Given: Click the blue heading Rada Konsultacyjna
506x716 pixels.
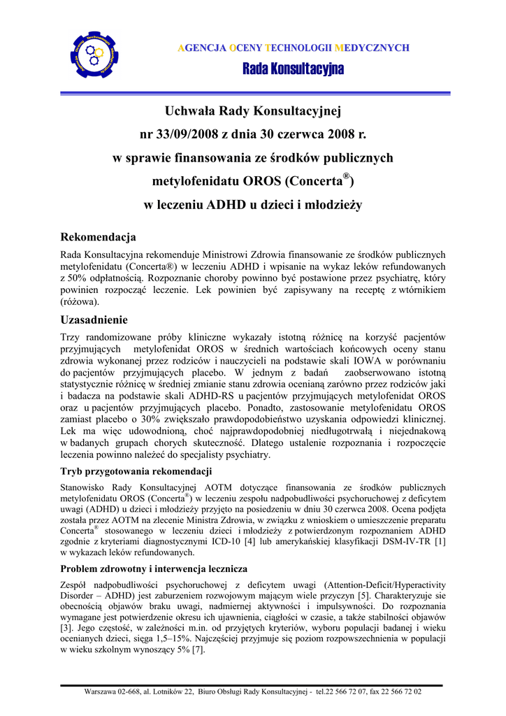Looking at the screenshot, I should click(x=294, y=69).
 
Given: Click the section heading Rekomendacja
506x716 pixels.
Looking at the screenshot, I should click(x=99, y=238).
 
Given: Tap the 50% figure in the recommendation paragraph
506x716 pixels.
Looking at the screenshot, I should click(x=75, y=278).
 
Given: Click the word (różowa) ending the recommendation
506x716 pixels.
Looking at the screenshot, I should click(x=80, y=303).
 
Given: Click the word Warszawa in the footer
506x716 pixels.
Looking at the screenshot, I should click(x=102, y=692).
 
